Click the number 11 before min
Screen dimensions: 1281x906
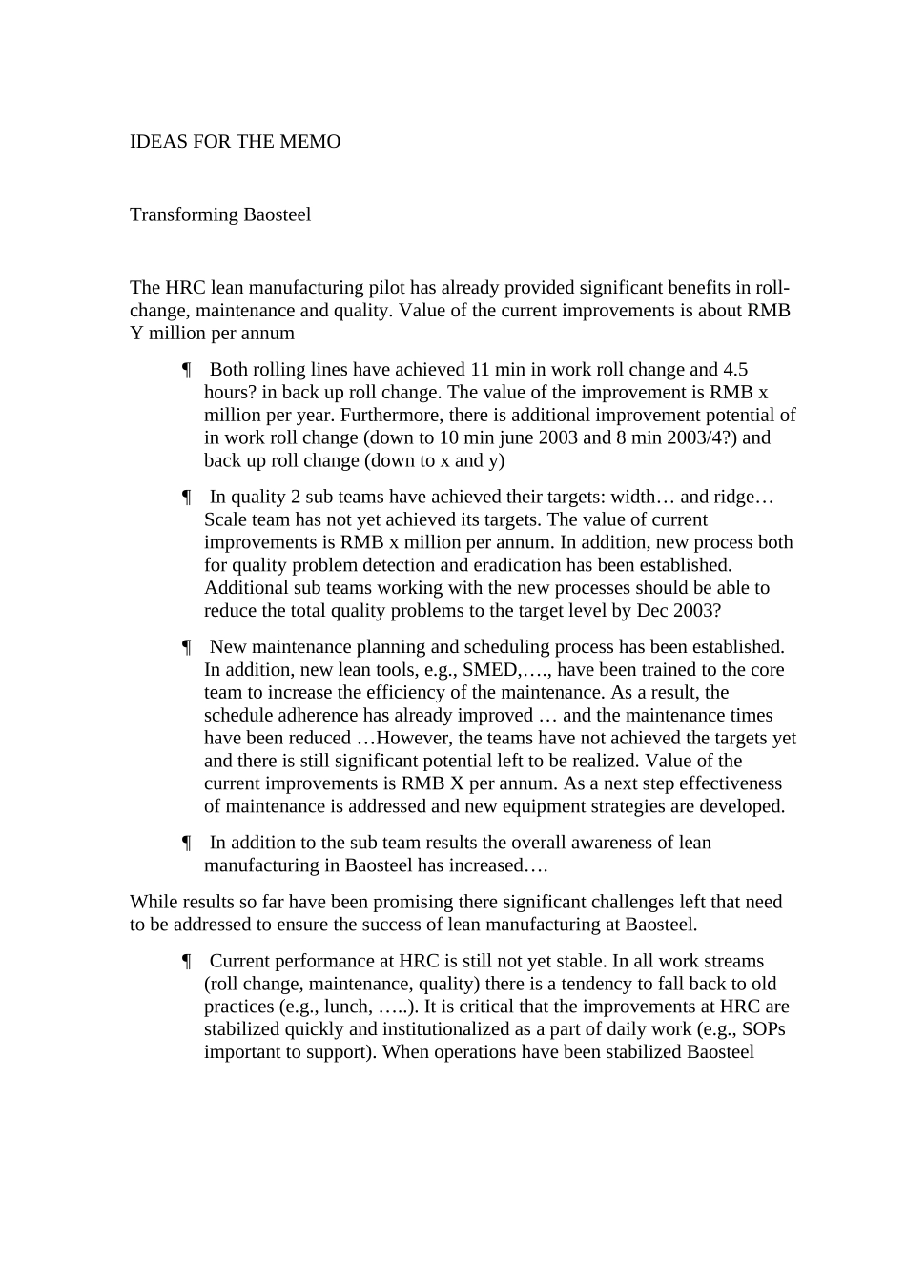480,370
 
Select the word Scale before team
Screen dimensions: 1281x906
225,520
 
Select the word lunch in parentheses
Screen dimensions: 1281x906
345,1007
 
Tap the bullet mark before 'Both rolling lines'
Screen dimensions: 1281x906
188,370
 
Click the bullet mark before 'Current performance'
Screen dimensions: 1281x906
188,962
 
